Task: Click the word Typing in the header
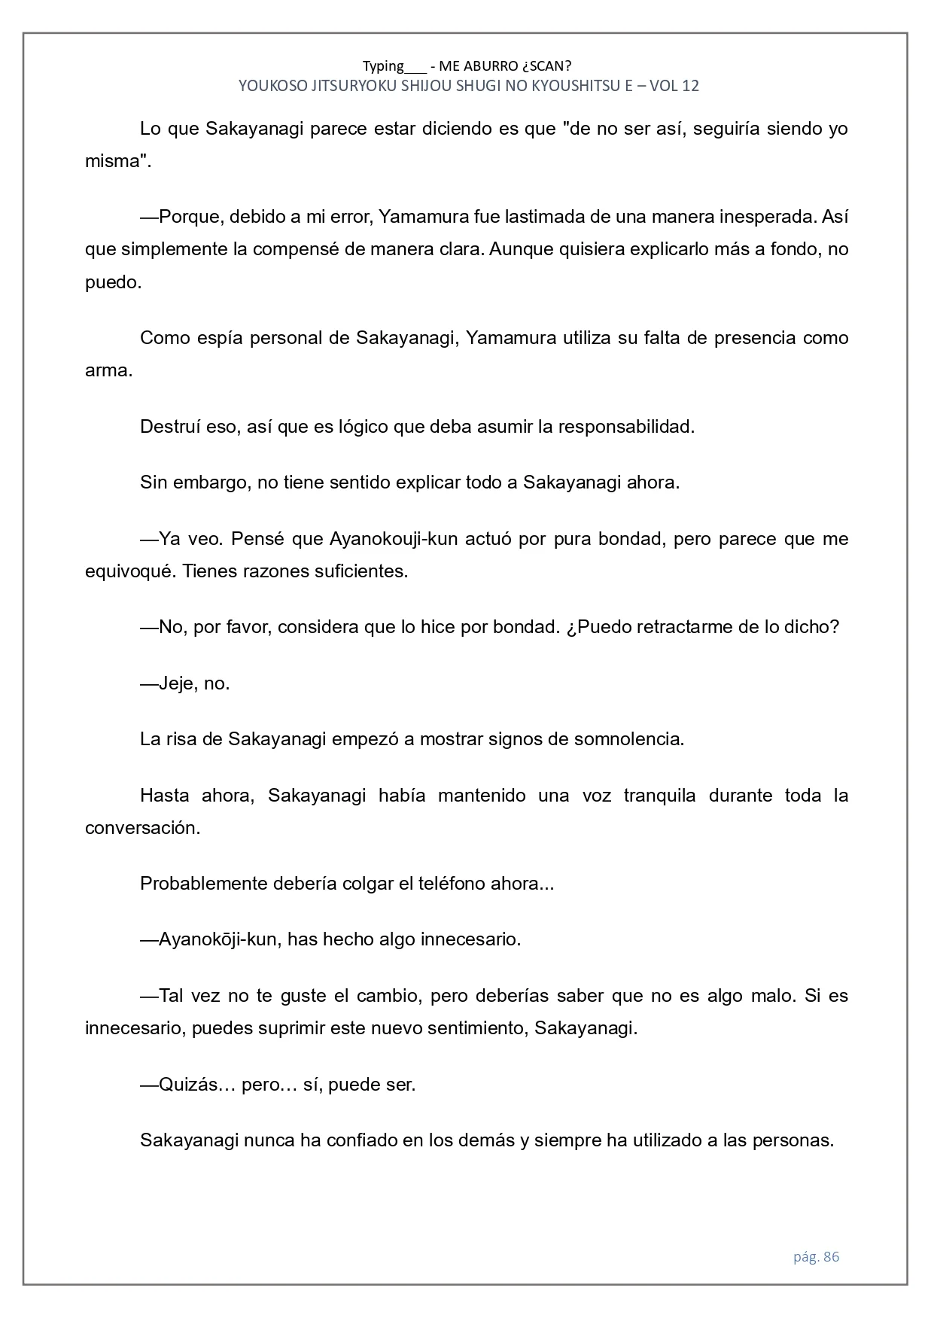(383, 66)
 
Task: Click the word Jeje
(177, 683)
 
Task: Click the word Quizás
(187, 1085)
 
